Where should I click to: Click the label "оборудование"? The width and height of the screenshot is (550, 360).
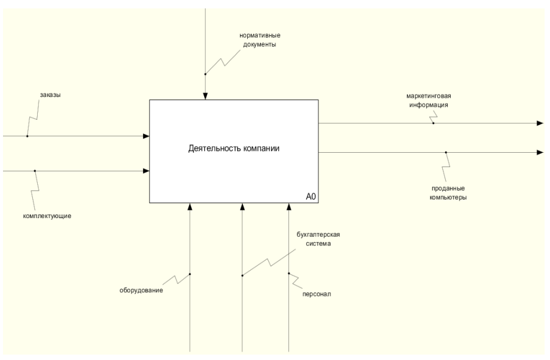pos(141,291)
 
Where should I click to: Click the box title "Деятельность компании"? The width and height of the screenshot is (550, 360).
pos(233,148)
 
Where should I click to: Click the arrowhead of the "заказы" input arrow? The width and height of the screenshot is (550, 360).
pos(146,136)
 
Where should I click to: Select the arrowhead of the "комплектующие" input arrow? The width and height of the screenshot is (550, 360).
pos(146,171)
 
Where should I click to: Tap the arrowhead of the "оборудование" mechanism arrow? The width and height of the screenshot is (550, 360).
pos(190,207)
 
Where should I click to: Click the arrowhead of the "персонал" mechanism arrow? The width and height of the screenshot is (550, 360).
pos(288,207)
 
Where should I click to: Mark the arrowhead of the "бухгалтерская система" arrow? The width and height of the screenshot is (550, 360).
pos(242,207)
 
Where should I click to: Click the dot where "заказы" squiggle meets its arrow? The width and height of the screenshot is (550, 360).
pos(27,136)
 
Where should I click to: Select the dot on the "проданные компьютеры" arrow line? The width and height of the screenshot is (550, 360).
pos(446,152)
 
